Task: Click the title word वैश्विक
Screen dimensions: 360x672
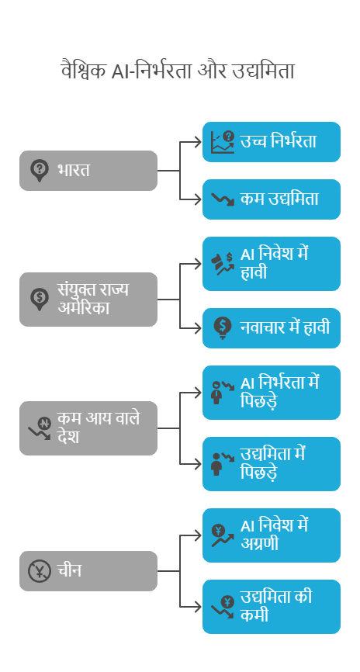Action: point(84,71)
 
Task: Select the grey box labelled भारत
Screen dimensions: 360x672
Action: point(88,171)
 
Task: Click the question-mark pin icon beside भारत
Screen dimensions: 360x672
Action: point(40,171)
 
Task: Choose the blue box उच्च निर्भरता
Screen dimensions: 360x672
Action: point(272,142)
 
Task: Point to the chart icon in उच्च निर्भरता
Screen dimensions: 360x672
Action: point(223,142)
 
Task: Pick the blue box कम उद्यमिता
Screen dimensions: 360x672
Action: point(272,199)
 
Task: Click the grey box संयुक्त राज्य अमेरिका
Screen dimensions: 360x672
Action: point(88,300)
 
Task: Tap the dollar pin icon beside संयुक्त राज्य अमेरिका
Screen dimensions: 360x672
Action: point(40,300)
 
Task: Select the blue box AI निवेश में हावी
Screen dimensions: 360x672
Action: point(272,264)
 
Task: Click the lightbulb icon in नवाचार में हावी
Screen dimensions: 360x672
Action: point(223,328)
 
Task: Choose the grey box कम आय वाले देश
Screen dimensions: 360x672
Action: point(88,428)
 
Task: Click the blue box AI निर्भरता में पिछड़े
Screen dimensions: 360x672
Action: point(272,393)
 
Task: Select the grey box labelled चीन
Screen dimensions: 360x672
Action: point(88,571)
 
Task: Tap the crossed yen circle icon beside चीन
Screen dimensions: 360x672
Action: point(40,571)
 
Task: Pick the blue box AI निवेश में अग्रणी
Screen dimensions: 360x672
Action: point(272,535)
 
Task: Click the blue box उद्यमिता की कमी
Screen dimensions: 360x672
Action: point(272,607)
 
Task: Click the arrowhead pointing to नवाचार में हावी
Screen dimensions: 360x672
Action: point(198,328)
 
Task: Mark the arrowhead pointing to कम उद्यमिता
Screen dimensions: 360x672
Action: point(198,199)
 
